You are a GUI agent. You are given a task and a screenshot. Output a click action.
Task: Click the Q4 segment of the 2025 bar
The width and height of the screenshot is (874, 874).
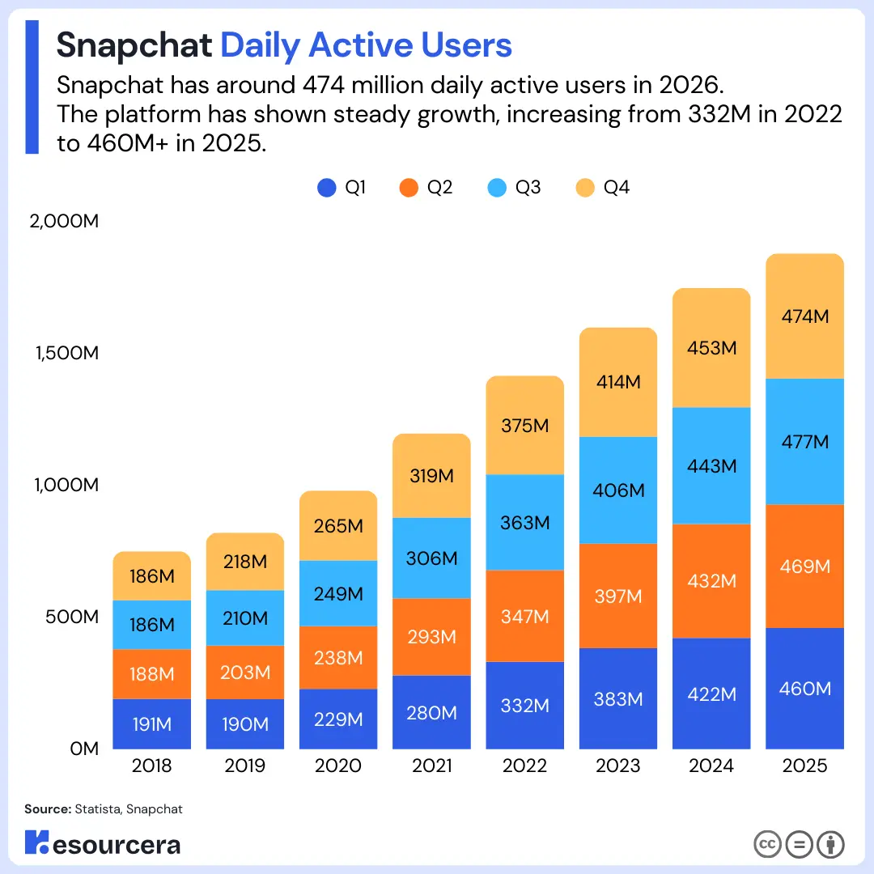(x=804, y=316)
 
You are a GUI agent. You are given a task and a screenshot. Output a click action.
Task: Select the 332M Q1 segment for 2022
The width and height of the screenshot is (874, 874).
(x=524, y=705)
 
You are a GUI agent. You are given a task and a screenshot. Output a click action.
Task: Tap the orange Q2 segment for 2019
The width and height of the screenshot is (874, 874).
(x=244, y=672)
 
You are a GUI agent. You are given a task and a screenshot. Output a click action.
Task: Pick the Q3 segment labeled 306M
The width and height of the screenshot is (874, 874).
(x=431, y=558)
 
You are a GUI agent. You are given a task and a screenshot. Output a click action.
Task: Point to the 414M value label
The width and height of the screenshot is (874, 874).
(x=618, y=382)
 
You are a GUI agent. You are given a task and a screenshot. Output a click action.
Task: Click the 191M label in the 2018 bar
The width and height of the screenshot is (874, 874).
(x=152, y=724)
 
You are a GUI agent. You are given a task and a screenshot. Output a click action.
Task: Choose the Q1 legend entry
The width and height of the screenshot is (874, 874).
(x=342, y=188)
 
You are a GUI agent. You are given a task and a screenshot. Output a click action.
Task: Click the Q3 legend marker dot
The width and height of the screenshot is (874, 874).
(x=498, y=188)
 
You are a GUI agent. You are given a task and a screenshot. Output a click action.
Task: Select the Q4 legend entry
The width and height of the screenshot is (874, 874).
(x=603, y=188)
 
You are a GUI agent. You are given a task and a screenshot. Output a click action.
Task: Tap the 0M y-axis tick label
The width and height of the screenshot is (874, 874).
(x=84, y=749)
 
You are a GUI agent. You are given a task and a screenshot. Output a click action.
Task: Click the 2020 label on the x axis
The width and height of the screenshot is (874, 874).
(x=338, y=766)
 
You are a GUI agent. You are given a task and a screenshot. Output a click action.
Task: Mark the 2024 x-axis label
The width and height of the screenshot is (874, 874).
(x=711, y=766)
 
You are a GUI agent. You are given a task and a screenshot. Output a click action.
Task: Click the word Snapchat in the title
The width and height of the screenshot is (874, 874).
(x=134, y=45)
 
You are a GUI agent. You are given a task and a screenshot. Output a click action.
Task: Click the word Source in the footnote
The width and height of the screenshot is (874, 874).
(x=47, y=808)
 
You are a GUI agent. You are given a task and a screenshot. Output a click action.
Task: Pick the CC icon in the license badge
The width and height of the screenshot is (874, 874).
(x=767, y=844)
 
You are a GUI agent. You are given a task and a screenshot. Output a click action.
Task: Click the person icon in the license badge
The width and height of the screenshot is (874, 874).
(x=830, y=844)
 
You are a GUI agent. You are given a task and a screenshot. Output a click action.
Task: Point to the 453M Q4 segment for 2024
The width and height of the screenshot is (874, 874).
(x=711, y=348)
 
